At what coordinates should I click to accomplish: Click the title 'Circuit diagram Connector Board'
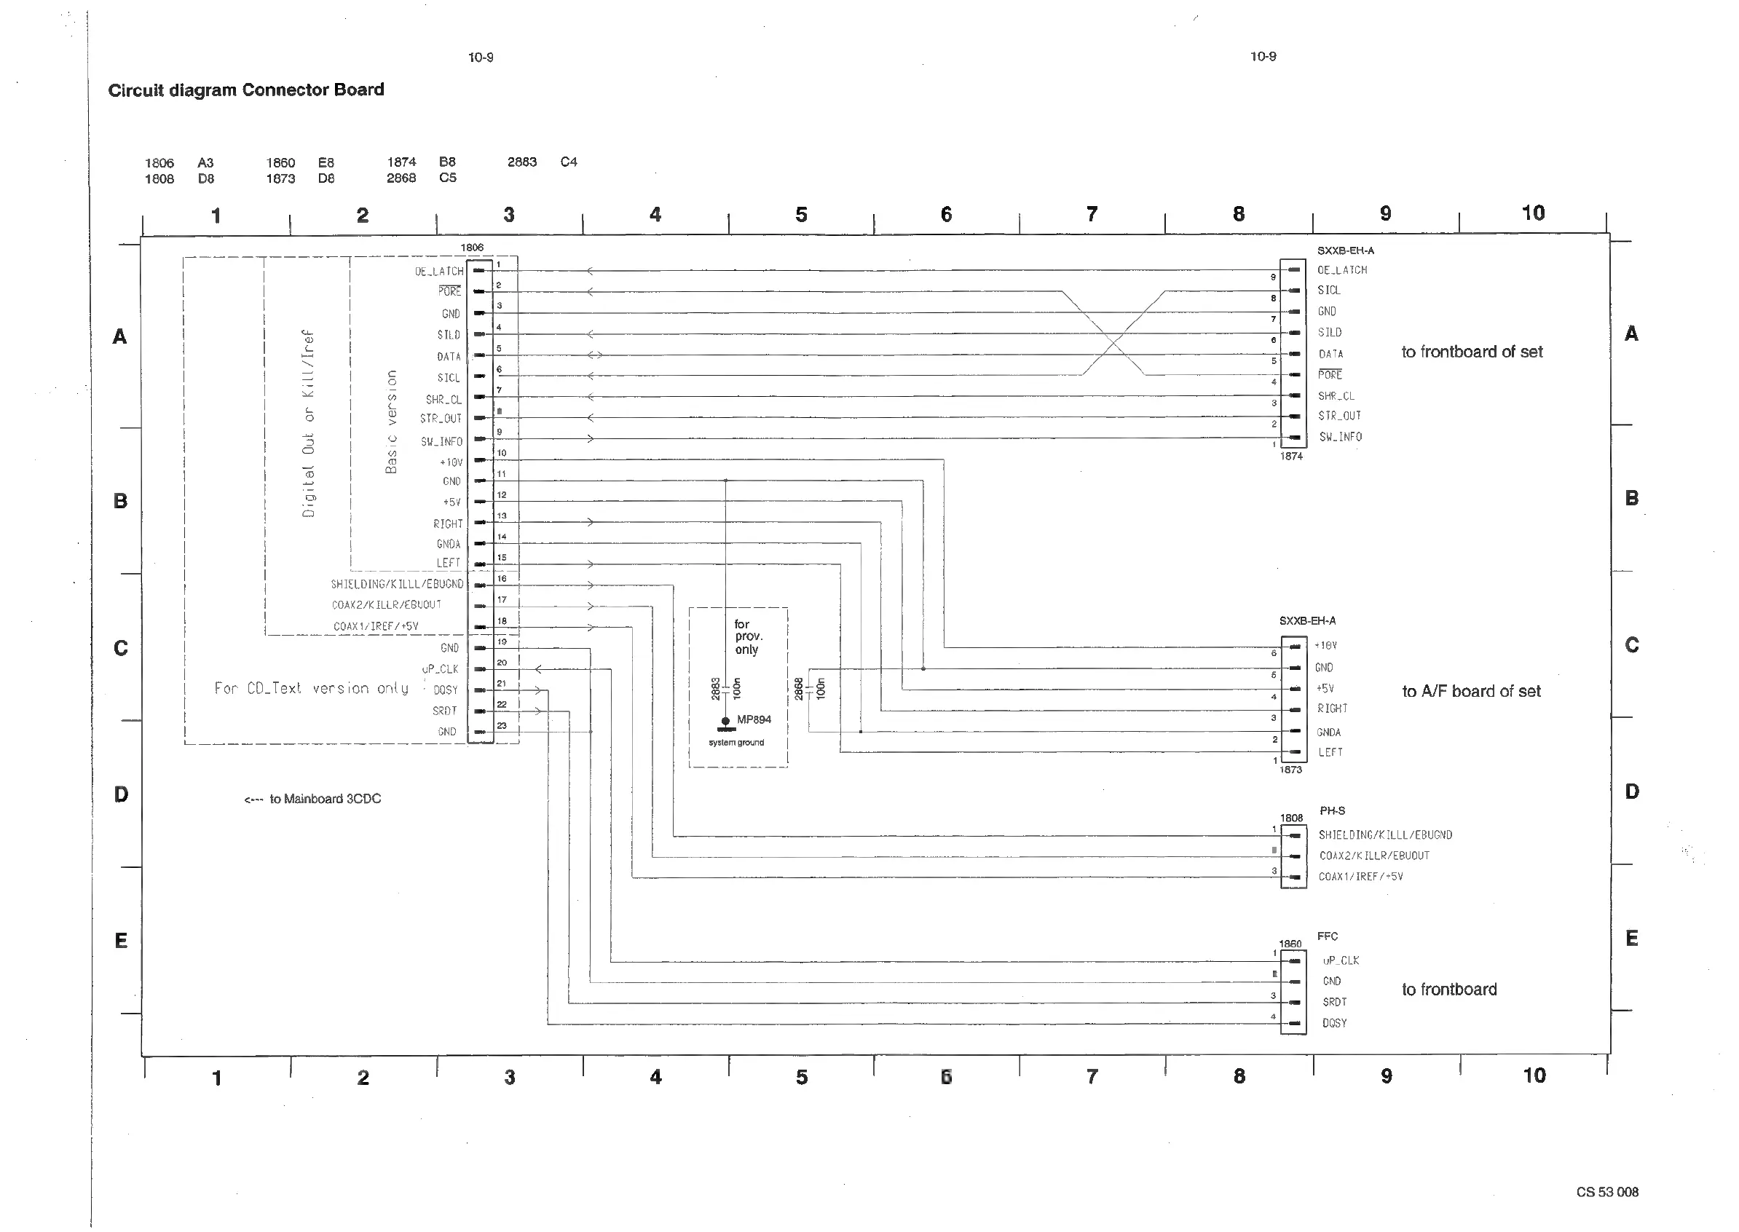click(246, 90)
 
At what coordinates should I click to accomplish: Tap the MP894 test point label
click(754, 719)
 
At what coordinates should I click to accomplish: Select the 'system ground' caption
click(736, 743)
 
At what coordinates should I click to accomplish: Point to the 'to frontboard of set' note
click(1471, 352)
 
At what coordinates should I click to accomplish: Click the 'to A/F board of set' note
click(1470, 691)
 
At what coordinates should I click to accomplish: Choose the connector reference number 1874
click(1290, 456)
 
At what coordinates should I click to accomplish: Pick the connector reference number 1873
click(1290, 769)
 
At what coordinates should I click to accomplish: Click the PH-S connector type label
click(1332, 810)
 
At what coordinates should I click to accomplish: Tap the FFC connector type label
click(1327, 936)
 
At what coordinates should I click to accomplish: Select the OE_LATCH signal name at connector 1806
click(438, 271)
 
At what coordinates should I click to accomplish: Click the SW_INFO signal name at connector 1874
click(1340, 437)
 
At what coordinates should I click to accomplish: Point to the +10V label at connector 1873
click(1325, 646)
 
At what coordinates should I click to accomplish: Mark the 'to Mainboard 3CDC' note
click(312, 799)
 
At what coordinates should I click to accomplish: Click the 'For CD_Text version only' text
click(311, 688)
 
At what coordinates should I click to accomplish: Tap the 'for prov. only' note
click(747, 636)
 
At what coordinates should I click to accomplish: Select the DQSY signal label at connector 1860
click(1335, 1023)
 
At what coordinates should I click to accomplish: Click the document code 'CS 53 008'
click(1607, 1192)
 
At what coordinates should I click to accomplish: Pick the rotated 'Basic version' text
click(392, 422)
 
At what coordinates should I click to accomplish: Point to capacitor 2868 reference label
click(798, 688)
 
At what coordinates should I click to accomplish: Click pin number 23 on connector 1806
click(502, 726)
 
